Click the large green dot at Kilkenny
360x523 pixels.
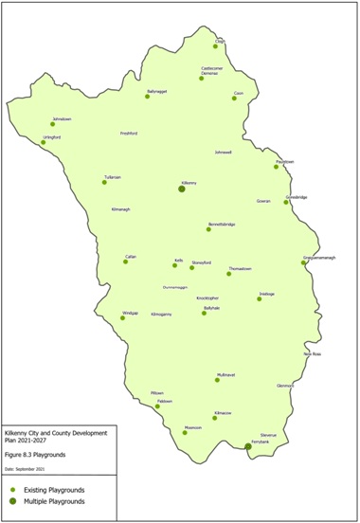181,189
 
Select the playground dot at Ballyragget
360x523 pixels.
148,98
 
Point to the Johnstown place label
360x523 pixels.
61,118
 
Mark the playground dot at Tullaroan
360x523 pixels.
104,181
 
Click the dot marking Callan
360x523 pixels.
125,261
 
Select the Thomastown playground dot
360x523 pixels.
228,274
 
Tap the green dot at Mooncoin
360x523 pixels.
185,433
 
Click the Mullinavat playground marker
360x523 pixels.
217,380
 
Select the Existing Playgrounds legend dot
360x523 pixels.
13,489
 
